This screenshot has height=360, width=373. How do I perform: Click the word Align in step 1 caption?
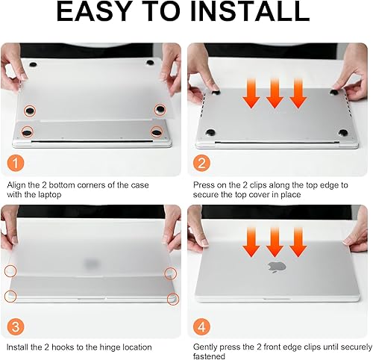click(x=18, y=184)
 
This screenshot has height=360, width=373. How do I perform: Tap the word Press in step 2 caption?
click(x=205, y=184)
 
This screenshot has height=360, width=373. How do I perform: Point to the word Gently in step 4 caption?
click(x=208, y=347)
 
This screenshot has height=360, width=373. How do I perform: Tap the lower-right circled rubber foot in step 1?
click(x=157, y=132)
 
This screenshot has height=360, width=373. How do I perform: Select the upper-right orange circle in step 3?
click(x=170, y=273)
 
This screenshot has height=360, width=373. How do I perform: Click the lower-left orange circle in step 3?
click(x=11, y=297)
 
